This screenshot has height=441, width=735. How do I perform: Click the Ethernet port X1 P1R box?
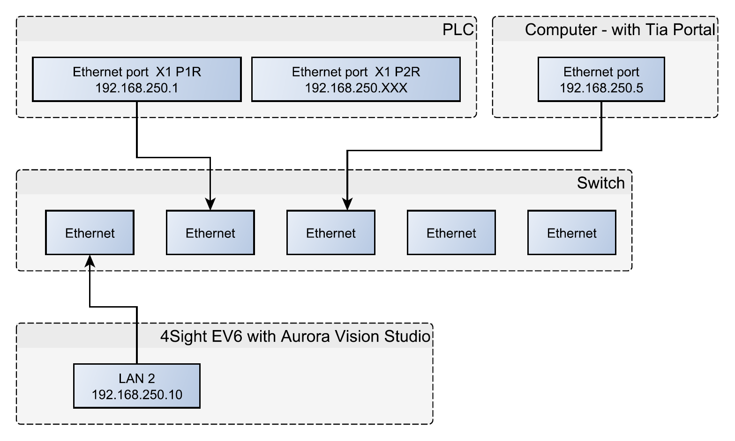click(136, 79)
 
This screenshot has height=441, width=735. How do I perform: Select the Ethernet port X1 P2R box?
click(356, 79)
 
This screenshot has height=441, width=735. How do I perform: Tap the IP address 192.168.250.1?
click(136, 88)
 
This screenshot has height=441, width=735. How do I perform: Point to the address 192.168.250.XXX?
click(356, 88)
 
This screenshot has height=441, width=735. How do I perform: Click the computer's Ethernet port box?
click(601, 79)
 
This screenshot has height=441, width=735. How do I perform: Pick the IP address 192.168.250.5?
click(601, 88)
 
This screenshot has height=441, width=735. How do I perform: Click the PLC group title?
click(458, 29)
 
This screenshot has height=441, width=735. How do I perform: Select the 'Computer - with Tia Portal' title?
click(620, 29)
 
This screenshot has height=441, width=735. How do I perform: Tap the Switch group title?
click(600, 183)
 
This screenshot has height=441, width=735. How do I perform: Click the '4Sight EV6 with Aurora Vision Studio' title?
click(295, 336)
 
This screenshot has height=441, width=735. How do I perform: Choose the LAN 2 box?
click(137, 385)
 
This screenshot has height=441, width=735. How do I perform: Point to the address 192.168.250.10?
click(137, 395)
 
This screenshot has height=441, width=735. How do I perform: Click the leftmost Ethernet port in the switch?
click(90, 233)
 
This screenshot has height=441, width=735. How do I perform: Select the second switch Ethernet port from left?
click(210, 233)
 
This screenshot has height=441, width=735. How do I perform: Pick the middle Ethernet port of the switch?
click(330, 233)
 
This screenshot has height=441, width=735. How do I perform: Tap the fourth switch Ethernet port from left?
click(451, 233)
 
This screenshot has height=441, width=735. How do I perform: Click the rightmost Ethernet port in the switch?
click(571, 233)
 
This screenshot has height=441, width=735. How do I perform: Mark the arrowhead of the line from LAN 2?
click(90, 260)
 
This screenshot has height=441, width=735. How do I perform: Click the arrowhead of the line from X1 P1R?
click(210, 205)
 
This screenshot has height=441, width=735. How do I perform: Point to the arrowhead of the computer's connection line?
click(347, 204)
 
